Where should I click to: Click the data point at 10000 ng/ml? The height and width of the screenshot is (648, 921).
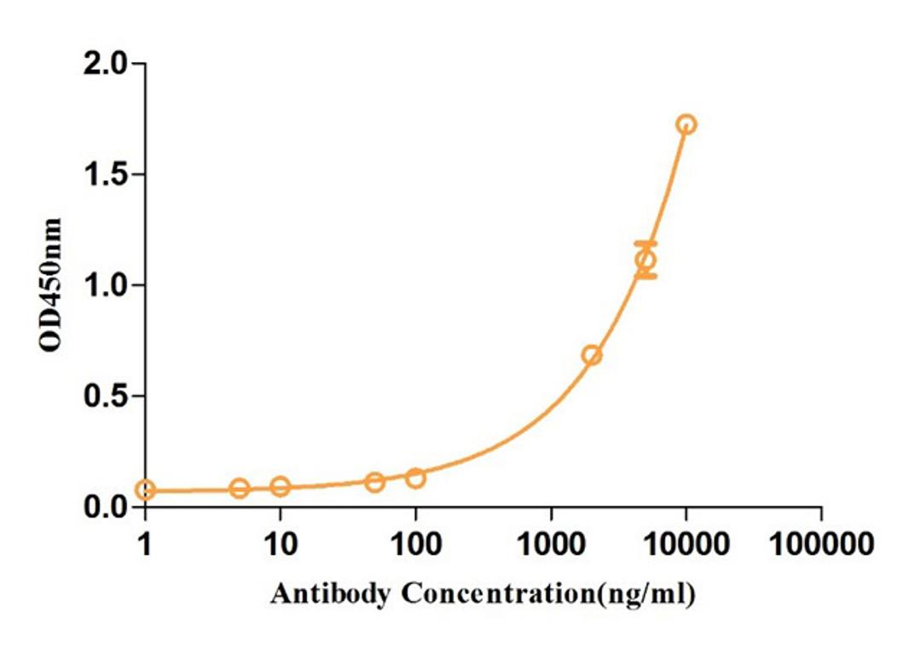[x=686, y=125]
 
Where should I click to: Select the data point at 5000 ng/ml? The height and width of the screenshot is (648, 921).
[x=646, y=260]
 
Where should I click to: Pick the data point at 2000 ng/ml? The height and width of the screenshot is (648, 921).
[x=592, y=355]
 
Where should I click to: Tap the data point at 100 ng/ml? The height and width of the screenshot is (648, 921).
[x=415, y=477]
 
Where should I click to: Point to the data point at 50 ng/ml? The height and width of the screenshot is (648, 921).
[x=374, y=482]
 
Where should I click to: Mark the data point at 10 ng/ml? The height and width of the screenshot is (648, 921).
[x=281, y=487]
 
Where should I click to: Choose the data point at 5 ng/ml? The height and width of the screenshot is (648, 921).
[x=240, y=488]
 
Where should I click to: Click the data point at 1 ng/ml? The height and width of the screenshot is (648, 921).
[x=146, y=490]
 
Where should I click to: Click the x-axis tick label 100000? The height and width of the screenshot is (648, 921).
[x=821, y=543]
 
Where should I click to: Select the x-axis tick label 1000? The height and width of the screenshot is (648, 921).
[x=551, y=543]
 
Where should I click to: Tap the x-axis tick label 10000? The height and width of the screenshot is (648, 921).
[x=686, y=543]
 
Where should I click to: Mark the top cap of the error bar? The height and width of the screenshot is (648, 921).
[x=646, y=244]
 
